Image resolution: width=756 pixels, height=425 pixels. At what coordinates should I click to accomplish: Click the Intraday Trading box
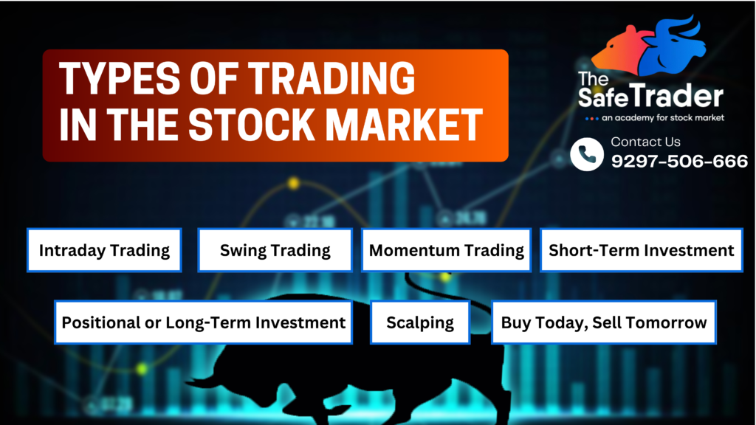104,250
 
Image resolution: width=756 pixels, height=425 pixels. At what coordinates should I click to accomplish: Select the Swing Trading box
275,250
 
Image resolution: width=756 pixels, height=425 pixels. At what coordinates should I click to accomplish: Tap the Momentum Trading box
446,250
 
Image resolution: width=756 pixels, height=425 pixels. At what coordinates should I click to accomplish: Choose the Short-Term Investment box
642,250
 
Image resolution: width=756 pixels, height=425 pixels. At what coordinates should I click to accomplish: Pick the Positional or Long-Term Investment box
204,322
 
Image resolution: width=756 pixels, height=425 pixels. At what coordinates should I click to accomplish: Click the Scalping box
420,322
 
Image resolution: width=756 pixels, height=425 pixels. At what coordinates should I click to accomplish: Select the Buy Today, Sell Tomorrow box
604,322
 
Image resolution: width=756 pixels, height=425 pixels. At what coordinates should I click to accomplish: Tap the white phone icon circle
587,154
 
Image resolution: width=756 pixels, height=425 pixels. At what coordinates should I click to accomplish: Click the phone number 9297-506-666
679,161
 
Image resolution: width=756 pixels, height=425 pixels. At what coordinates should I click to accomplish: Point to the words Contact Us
645,142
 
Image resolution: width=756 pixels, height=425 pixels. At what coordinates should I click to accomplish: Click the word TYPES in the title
120,78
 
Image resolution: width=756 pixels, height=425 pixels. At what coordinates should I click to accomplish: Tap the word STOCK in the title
252,124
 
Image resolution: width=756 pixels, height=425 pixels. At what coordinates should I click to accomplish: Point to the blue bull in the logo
673,46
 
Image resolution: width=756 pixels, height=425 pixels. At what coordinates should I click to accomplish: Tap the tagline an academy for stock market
663,117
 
